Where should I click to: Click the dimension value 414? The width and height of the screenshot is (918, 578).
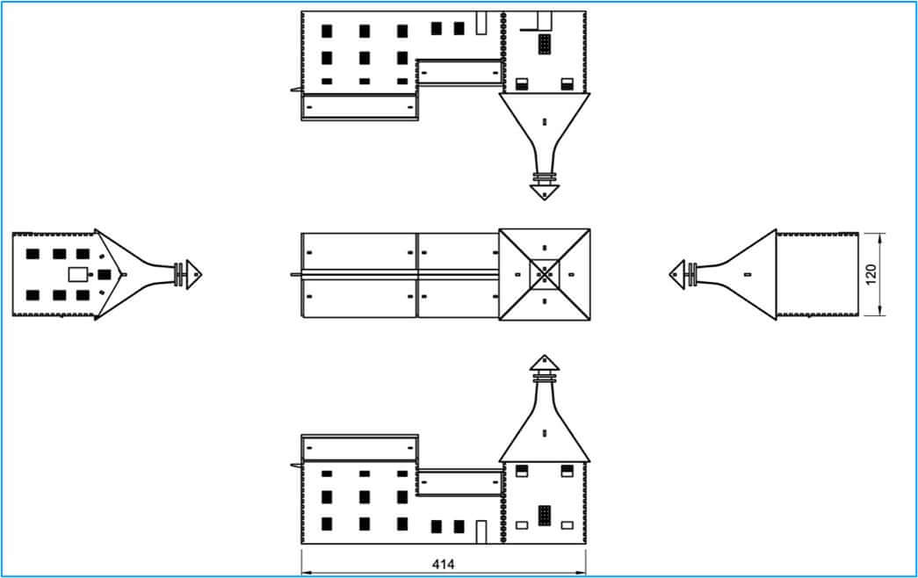[444, 565]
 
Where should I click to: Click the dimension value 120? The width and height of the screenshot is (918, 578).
[871, 274]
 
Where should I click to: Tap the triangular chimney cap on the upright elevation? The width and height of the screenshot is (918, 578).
[545, 363]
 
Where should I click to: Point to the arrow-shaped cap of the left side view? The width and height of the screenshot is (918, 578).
[194, 274]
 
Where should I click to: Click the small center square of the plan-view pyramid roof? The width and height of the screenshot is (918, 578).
[545, 274]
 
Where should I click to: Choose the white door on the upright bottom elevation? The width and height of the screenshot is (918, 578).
[481, 531]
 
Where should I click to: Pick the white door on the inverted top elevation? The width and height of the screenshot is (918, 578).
[481, 23]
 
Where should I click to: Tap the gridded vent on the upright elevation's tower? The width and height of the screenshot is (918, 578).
[545, 516]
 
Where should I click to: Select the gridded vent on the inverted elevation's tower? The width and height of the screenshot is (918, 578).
[545, 44]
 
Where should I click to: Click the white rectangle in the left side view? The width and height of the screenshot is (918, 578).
[76, 274]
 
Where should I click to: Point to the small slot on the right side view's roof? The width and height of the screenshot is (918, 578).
[747, 274]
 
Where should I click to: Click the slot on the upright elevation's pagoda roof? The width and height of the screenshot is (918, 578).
[545, 433]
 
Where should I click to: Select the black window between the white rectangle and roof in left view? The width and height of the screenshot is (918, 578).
[105, 275]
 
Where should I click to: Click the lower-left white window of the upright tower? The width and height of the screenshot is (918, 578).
[522, 525]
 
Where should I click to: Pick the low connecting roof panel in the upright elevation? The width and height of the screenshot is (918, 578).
[459, 482]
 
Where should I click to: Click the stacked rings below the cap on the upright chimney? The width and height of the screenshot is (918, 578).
[545, 377]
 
